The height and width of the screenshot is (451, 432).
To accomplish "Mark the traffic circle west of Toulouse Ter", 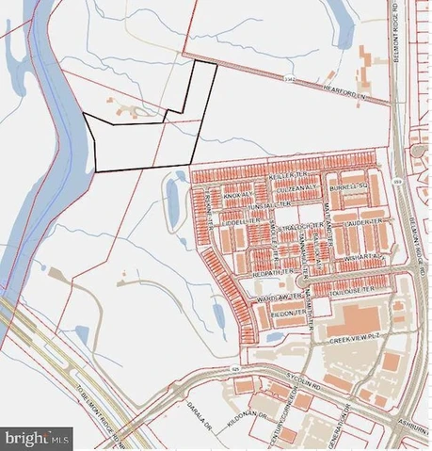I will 301,280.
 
